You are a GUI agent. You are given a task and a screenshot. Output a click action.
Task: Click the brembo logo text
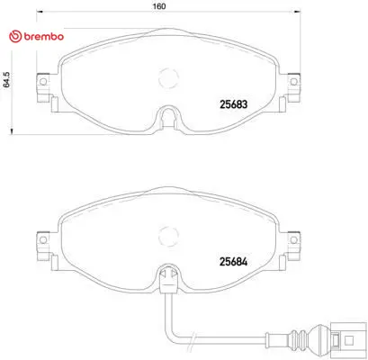43,37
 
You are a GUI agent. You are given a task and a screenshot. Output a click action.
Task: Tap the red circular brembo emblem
15,37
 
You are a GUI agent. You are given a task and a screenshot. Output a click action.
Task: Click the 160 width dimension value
159,6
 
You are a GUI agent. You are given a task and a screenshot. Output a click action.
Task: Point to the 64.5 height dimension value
6,79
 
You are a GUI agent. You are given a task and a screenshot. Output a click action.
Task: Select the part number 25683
234,104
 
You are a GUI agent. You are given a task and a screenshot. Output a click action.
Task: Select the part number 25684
234,262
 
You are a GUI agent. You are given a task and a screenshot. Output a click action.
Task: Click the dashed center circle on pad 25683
168,78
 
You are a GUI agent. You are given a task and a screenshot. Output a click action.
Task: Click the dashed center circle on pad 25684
168,236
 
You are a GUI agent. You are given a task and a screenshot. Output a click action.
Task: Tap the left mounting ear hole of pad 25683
43,82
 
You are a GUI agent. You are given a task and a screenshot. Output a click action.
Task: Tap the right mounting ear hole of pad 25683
294,82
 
